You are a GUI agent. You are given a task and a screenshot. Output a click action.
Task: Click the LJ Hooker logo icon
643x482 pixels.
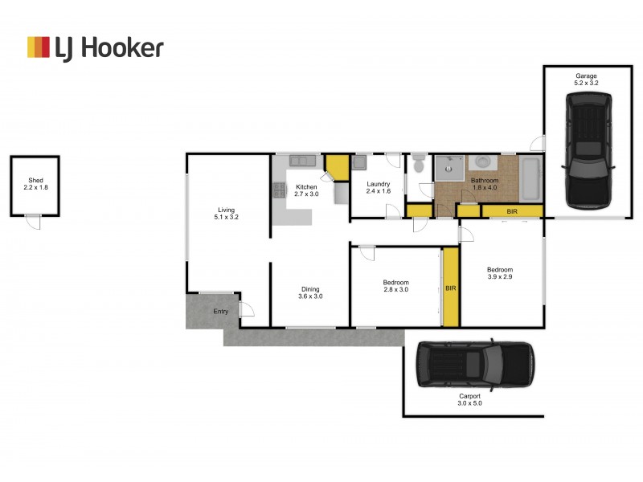click(39, 47)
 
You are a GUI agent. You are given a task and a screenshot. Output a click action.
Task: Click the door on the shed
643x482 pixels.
click(32, 222)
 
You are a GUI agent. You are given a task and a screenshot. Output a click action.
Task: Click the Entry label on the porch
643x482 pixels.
click(220, 312)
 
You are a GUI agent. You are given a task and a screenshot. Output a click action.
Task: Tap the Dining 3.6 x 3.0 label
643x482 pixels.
click(310, 292)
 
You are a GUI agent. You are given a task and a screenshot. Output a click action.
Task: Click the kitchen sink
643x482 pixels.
click(303, 160)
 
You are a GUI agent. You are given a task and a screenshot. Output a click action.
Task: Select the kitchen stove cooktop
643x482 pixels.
click(279, 190)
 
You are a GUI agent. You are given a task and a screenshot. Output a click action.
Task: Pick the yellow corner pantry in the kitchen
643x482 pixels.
click(337, 167)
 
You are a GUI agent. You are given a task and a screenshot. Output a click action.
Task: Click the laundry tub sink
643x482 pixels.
click(358, 161)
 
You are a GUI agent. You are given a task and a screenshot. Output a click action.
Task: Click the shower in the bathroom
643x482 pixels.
click(449, 167)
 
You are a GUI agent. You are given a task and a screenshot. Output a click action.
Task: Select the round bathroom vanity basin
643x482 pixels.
click(483, 163)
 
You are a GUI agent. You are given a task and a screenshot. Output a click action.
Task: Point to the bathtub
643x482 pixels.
click(530, 178)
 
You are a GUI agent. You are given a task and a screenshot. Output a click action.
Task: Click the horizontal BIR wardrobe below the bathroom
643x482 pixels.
click(511, 211)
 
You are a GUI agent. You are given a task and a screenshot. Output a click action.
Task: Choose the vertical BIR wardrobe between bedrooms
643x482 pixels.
click(451, 287)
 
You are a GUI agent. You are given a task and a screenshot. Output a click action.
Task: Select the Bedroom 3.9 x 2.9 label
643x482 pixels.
click(499, 273)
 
